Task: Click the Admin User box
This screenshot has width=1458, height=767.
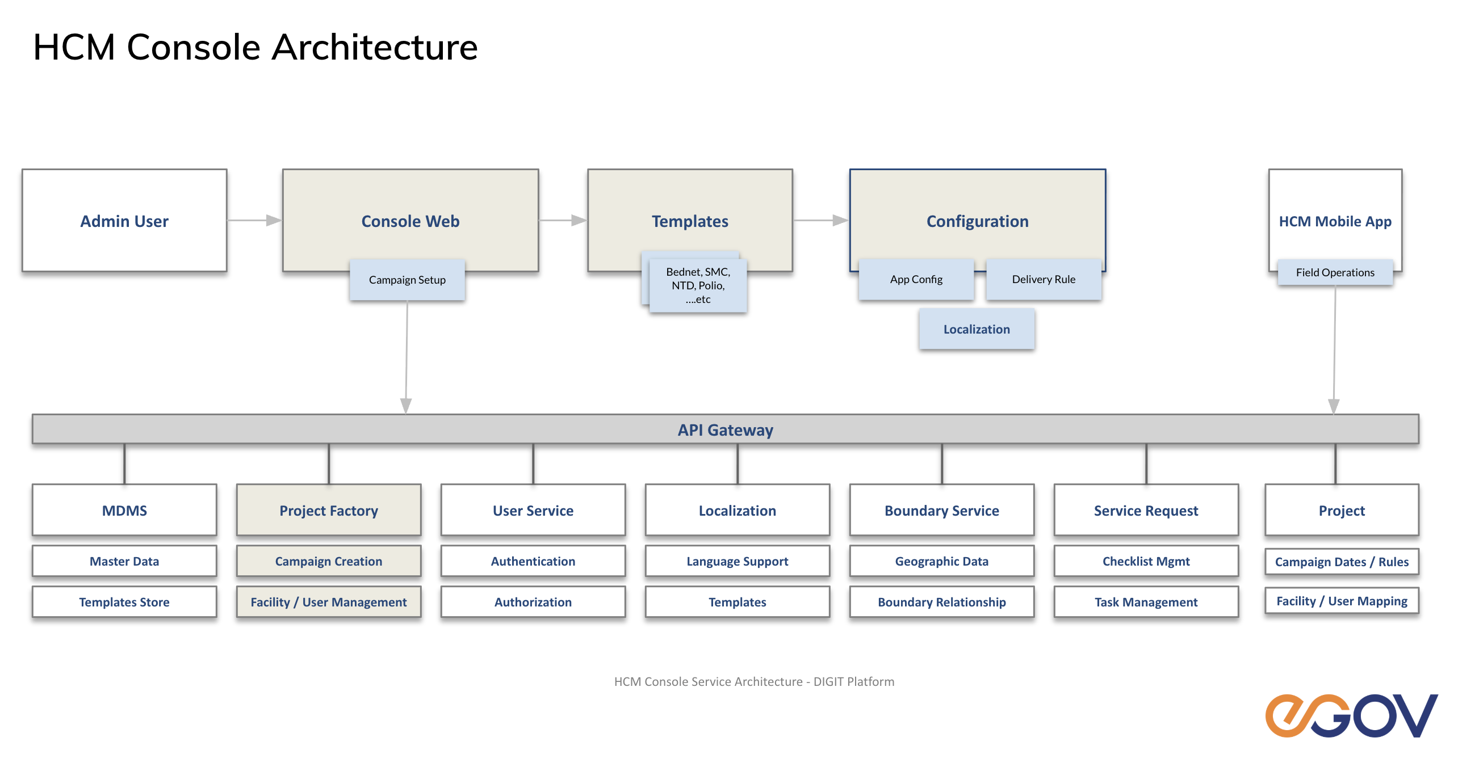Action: click(x=124, y=221)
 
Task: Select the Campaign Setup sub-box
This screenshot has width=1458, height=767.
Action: click(x=407, y=280)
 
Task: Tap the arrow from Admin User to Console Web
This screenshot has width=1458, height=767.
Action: click(x=254, y=220)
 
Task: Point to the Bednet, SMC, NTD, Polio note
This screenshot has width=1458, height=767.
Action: click(x=698, y=285)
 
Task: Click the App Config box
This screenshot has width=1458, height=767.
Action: click(x=916, y=279)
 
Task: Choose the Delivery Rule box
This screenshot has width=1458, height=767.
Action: click(x=1044, y=279)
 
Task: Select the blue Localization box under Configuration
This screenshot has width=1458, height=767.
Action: click(x=977, y=329)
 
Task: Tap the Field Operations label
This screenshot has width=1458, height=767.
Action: click(x=1335, y=272)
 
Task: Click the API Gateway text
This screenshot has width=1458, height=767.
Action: click(x=725, y=430)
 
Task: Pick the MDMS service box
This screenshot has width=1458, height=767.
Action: click(x=124, y=510)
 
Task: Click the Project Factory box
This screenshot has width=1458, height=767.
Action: click(x=329, y=510)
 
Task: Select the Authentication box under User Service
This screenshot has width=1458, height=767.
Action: click(x=533, y=561)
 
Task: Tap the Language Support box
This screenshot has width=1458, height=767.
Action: click(x=737, y=561)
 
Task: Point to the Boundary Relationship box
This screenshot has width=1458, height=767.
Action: click(x=941, y=602)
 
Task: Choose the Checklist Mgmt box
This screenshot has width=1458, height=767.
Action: click(x=1146, y=561)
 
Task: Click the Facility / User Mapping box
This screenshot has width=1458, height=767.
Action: click(x=1342, y=601)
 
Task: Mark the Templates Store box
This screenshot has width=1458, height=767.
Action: click(x=124, y=602)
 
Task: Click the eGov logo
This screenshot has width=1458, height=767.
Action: click(x=1351, y=715)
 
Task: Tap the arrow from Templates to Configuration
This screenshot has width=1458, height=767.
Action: click(x=820, y=220)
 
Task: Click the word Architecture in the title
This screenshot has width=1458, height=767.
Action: click(x=375, y=47)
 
